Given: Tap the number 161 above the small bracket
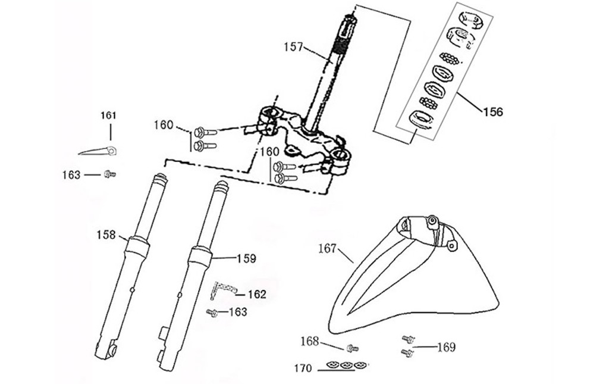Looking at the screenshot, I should click(x=108, y=115).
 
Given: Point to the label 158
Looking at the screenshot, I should click(x=106, y=235).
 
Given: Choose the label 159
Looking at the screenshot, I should click(x=246, y=259).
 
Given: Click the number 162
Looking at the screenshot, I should click(x=256, y=294).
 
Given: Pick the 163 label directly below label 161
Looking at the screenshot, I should click(x=71, y=174).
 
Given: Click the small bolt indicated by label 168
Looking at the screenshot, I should click(x=351, y=347).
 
